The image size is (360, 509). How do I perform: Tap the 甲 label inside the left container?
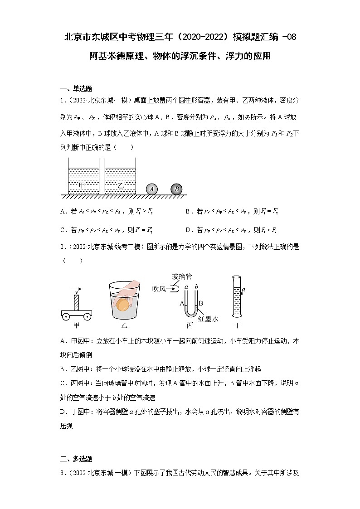82,185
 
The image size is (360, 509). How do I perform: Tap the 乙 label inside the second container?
121,185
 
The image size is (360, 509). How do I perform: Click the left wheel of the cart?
67,316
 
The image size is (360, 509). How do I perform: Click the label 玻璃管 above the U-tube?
181,276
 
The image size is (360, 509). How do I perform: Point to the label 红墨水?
208,319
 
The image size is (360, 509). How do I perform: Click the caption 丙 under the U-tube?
190,325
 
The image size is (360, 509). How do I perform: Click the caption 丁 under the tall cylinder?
236,325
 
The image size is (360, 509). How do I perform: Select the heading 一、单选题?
76,88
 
